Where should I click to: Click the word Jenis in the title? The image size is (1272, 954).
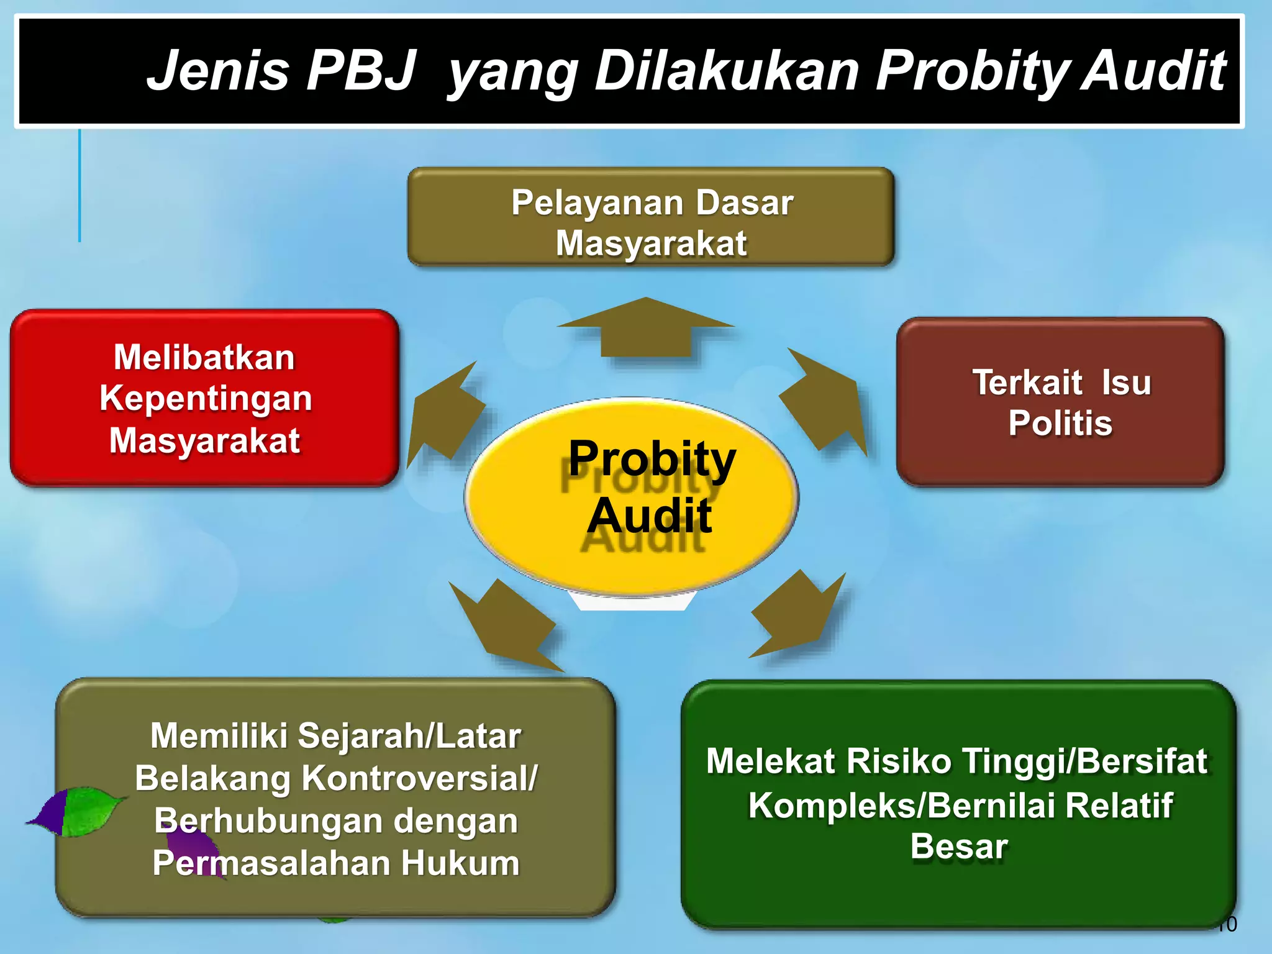(x=218, y=70)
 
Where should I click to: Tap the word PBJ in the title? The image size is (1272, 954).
(x=361, y=70)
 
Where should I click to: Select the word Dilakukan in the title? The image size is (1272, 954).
(x=727, y=70)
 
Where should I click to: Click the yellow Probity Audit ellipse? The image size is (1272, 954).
(x=632, y=497)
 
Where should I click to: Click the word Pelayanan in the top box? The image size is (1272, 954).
(x=597, y=202)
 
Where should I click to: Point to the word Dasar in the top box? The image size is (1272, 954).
(x=744, y=202)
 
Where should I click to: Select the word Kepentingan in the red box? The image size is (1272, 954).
(x=206, y=398)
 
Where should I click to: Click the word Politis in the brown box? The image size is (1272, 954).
(x=1060, y=423)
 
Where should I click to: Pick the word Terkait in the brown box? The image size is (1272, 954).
(x=1027, y=382)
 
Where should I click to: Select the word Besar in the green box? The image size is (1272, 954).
(x=959, y=846)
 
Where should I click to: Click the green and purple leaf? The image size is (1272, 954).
(x=78, y=811)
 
